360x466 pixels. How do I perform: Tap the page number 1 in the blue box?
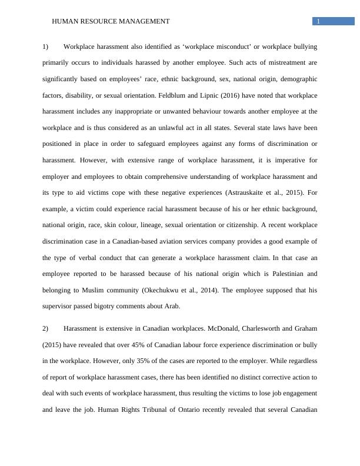[318, 22]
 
